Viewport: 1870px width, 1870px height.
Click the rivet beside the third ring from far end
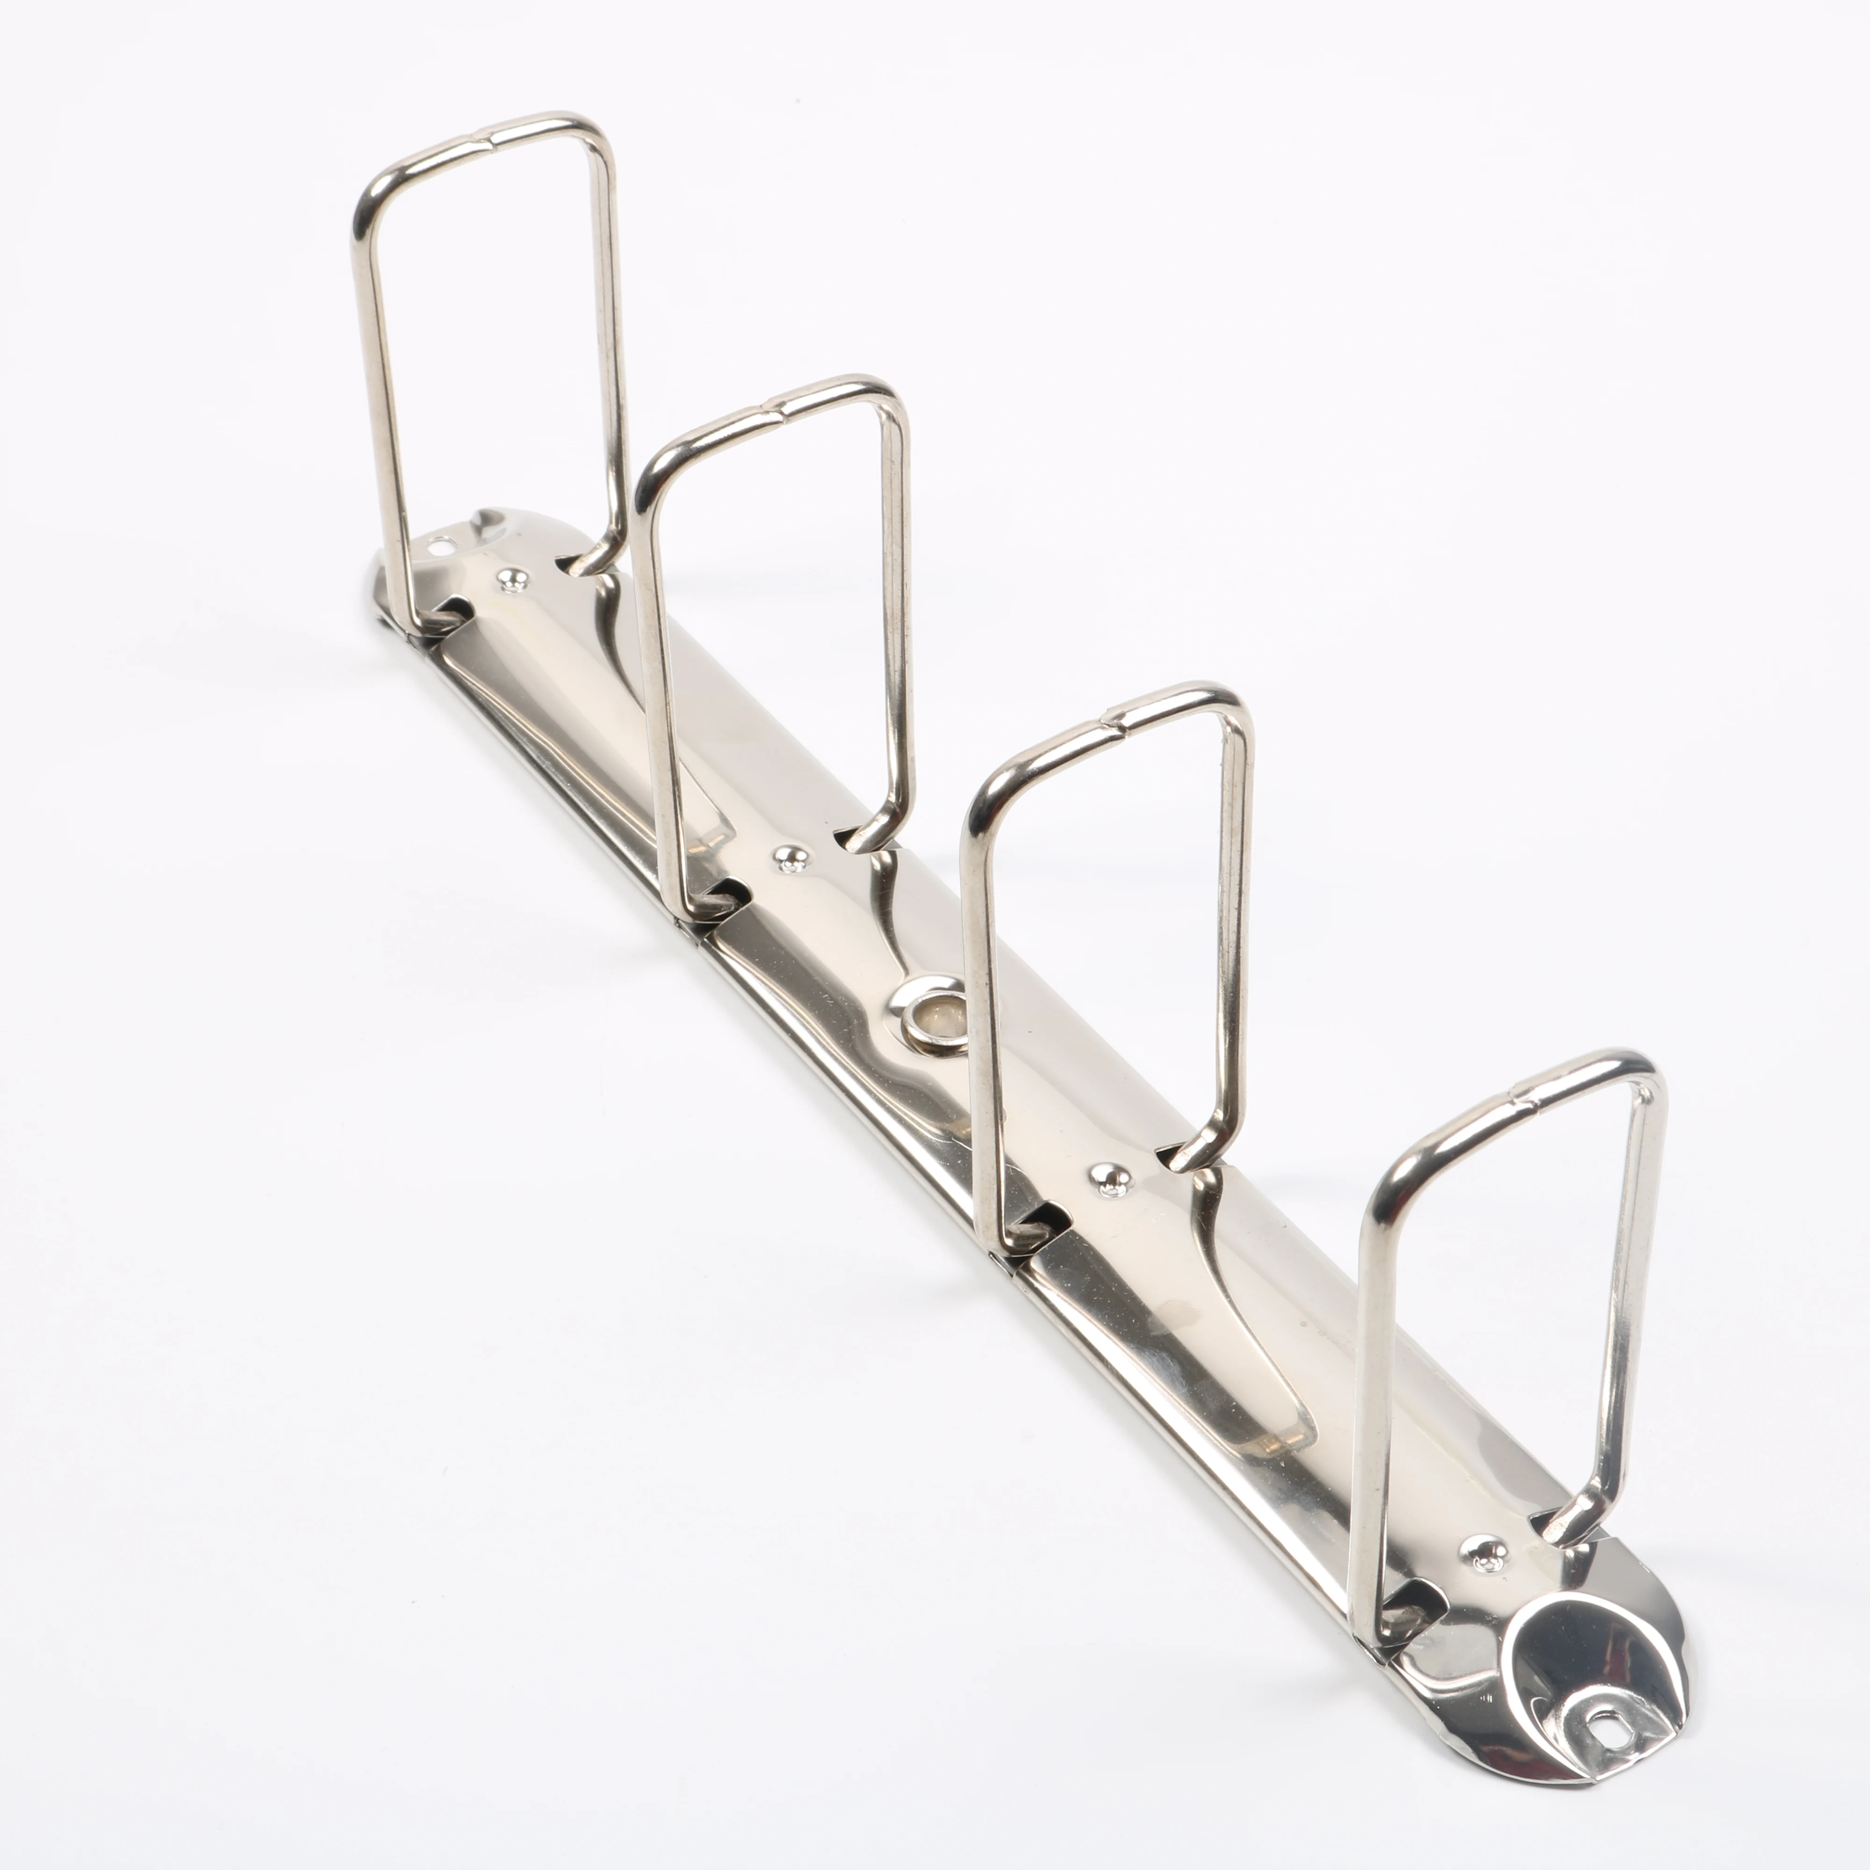[1112, 1179]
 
